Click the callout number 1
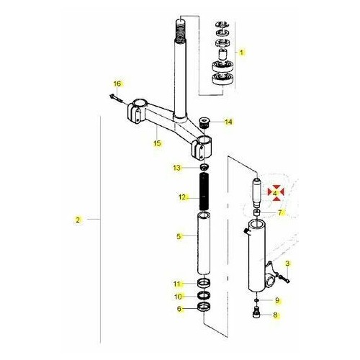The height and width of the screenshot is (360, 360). pyautogui.click(x=242, y=52)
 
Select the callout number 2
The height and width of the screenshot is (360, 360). pyautogui.click(x=78, y=218)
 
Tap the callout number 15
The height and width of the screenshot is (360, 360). pyautogui.click(x=157, y=143)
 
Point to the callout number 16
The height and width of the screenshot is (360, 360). pyautogui.click(x=118, y=84)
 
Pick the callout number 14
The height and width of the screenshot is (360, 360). pyautogui.click(x=229, y=122)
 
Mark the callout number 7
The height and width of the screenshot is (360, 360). pyautogui.click(x=282, y=213)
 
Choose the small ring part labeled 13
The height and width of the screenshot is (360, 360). pyautogui.click(x=203, y=168)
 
